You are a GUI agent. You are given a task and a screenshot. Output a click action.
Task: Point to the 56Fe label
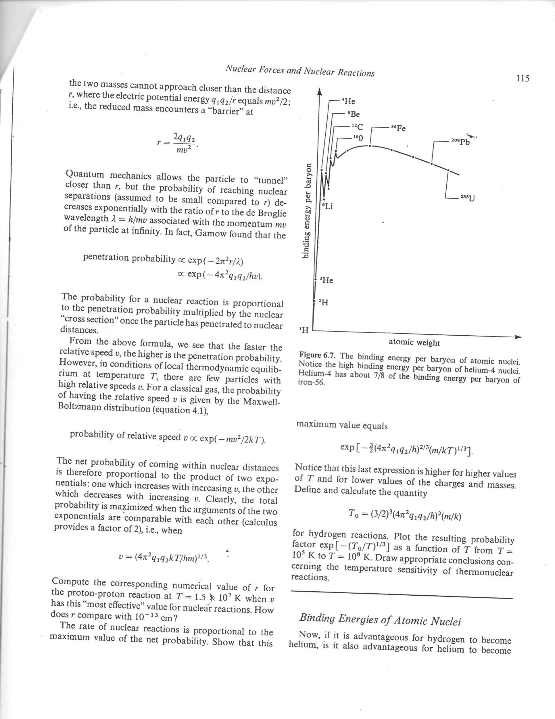tap(398, 128)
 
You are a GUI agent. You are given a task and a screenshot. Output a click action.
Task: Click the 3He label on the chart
tap(326, 280)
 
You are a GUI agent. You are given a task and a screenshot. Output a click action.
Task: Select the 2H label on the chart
tap(323, 302)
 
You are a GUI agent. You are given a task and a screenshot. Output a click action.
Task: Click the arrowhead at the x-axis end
tap(518, 337)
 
